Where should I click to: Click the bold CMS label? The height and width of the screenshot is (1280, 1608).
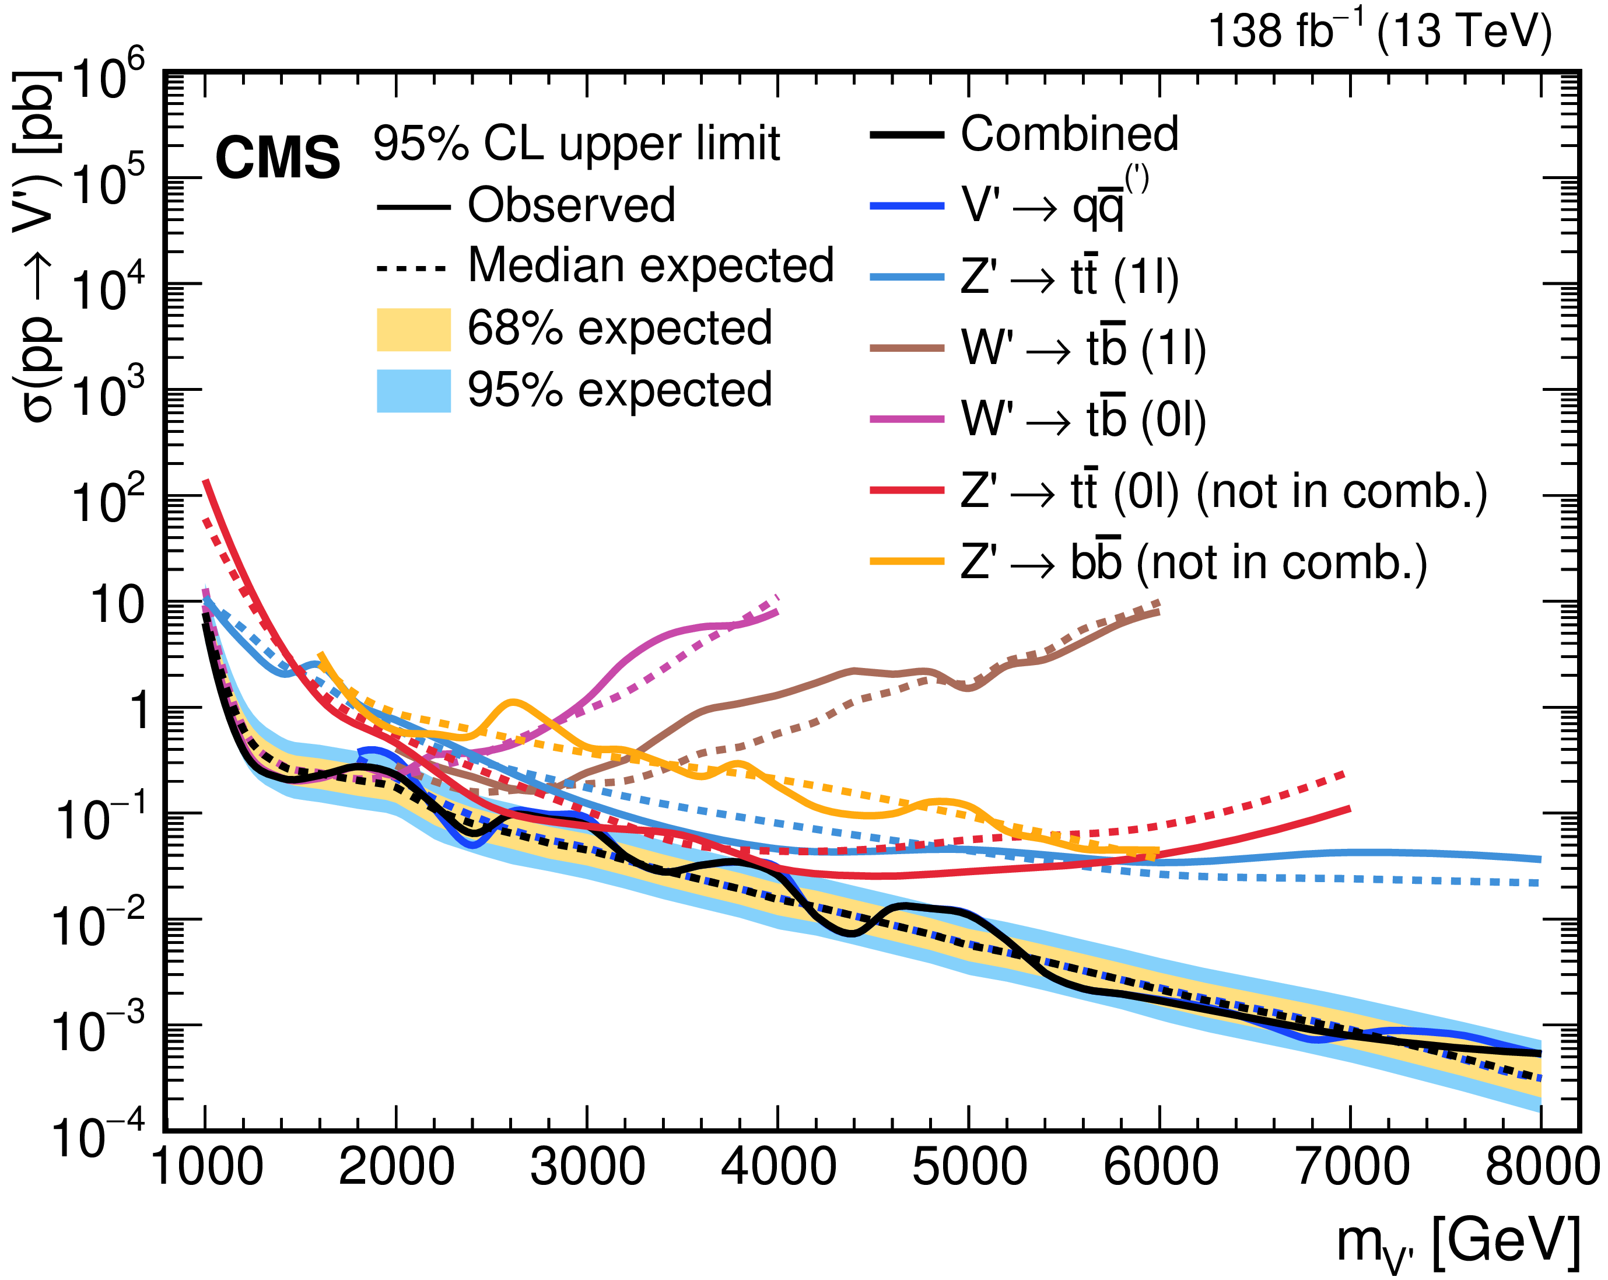pyautogui.click(x=278, y=158)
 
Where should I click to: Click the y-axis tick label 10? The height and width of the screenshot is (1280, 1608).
pyautogui.click(x=117, y=604)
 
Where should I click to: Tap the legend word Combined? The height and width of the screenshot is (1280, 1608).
pyautogui.click(x=1069, y=134)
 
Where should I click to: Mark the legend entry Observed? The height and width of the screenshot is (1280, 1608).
pyautogui.click(x=570, y=205)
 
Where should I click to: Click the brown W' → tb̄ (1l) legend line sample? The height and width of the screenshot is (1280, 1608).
pyautogui.click(x=907, y=348)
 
